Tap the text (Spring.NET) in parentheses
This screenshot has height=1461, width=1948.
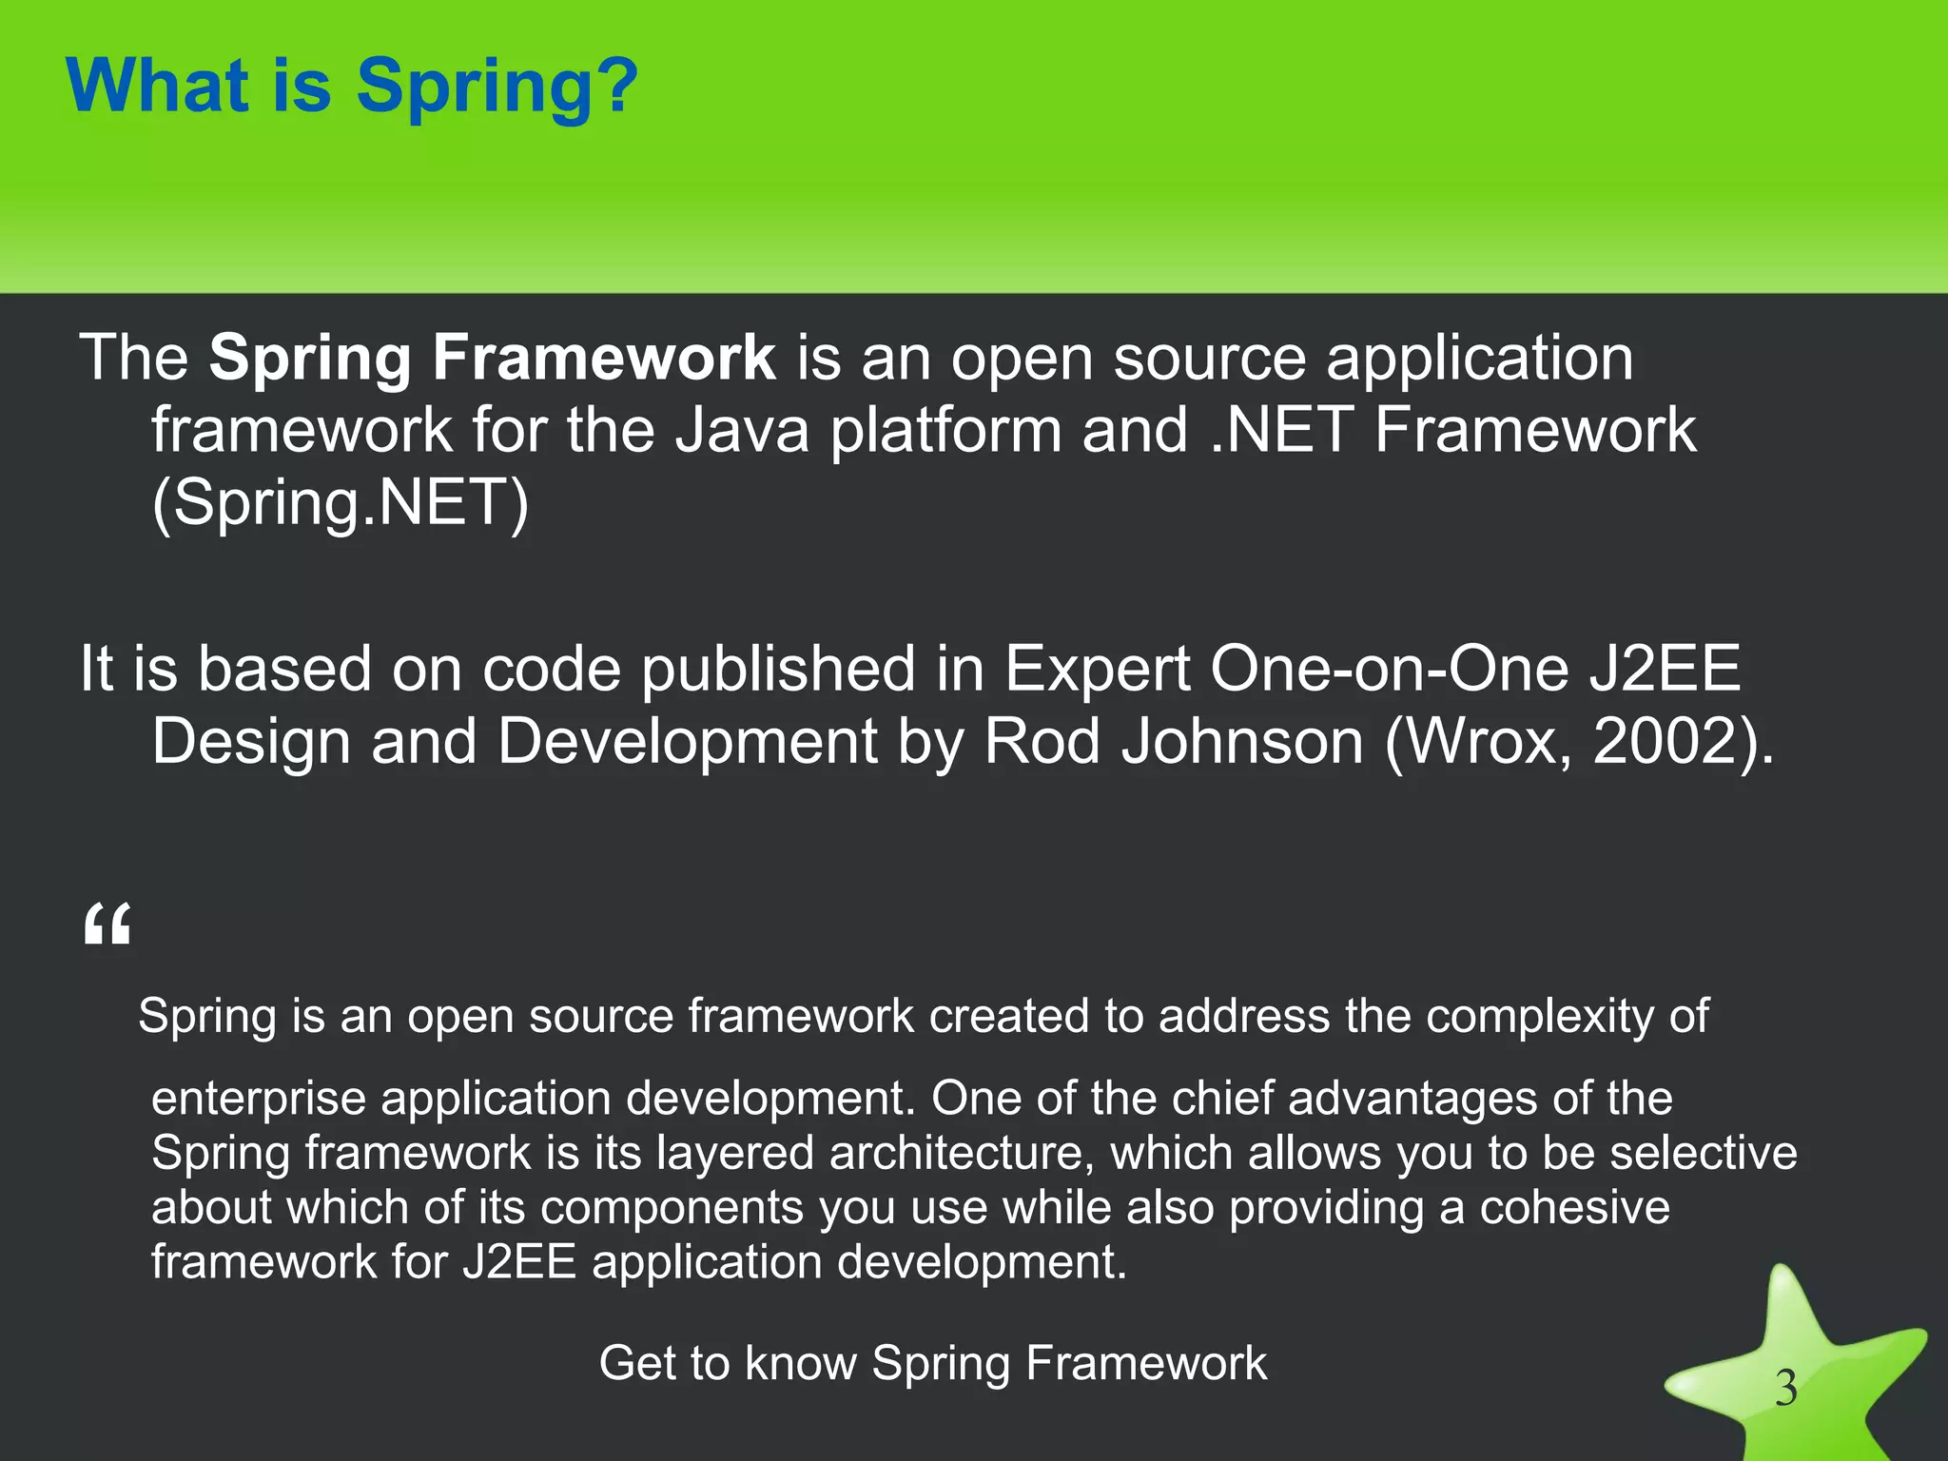point(340,502)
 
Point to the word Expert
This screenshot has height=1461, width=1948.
point(1097,669)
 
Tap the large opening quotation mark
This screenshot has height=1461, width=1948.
point(107,925)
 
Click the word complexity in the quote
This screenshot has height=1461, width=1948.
point(1541,1016)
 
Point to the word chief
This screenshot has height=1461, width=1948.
point(1221,1098)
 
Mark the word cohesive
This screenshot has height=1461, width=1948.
point(1574,1207)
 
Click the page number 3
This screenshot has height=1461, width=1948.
point(1785,1389)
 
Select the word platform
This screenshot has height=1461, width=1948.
point(945,430)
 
